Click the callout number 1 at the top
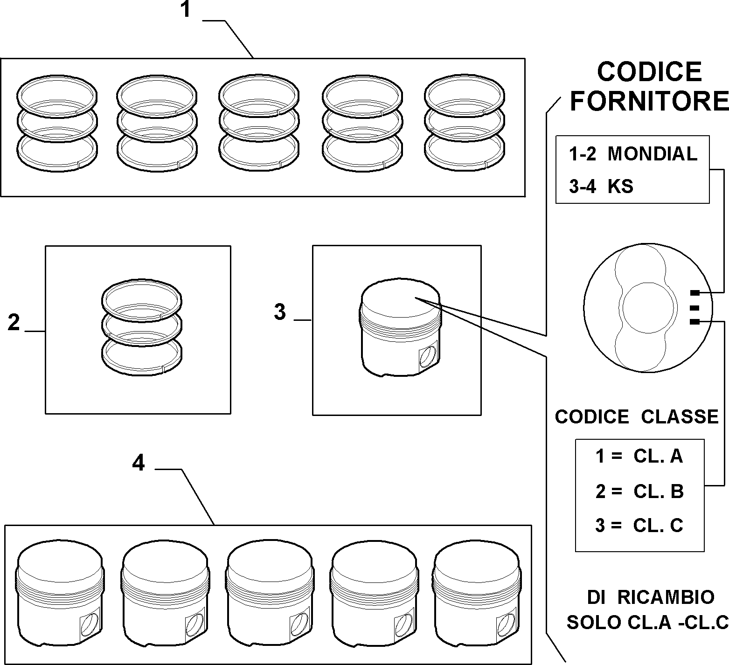click(x=186, y=10)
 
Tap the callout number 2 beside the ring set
click(x=14, y=322)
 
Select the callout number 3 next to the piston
click(x=280, y=312)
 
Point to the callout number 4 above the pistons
click(x=139, y=463)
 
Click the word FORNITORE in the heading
click(x=649, y=101)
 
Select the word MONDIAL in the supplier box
click(x=653, y=154)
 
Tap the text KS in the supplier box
click(x=620, y=187)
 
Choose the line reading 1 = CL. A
click(x=639, y=456)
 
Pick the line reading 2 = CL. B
click(x=639, y=491)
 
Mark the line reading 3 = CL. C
click(x=639, y=526)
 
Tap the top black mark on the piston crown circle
click(x=694, y=293)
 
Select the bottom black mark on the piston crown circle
click(x=694, y=322)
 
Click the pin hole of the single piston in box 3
click(x=428, y=357)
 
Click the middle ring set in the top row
click(x=259, y=123)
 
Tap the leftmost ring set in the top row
click(x=57, y=123)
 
